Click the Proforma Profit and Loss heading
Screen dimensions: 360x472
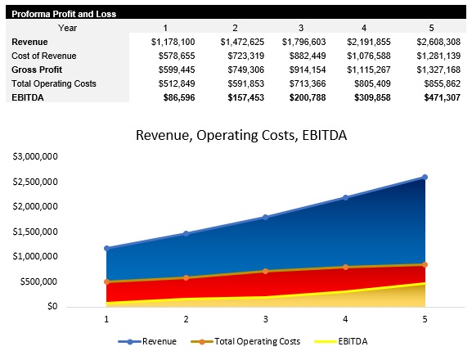pos(64,14)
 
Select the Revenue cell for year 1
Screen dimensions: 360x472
pos(173,41)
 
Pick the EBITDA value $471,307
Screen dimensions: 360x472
pos(438,97)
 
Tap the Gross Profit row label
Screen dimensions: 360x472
pos(38,69)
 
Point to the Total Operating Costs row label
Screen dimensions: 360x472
pos(54,83)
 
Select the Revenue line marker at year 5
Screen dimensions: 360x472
pos(425,177)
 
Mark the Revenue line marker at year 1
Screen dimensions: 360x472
pos(106,248)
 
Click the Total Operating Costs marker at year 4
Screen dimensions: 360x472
pos(345,267)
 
